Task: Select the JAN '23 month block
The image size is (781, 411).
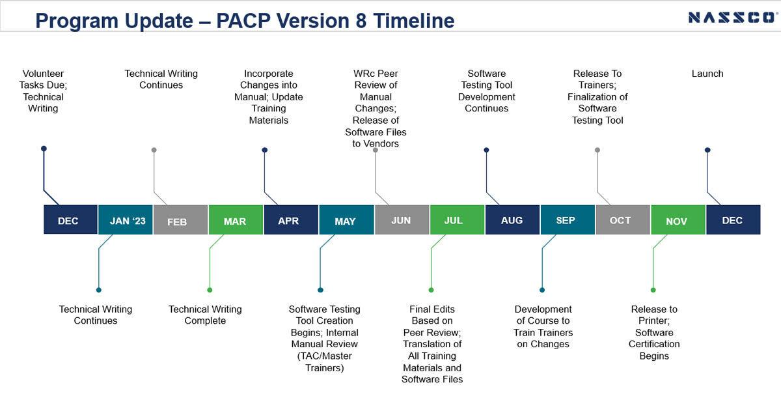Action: [x=126, y=220]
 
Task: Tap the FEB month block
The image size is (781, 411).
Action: [x=181, y=220]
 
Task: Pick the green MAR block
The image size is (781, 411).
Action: [x=236, y=220]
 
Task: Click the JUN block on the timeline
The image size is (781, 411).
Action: [x=402, y=220]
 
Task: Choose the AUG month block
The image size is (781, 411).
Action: [x=513, y=220]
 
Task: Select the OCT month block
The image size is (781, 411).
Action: [x=623, y=220]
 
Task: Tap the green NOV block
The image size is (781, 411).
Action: [x=678, y=220]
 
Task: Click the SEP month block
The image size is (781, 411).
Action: [x=568, y=220]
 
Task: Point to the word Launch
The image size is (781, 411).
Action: [x=707, y=74]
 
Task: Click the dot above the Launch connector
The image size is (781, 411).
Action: [x=707, y=150]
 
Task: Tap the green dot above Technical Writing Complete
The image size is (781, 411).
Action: [x=210, y=290]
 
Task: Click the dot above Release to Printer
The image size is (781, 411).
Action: [x=653, y=290]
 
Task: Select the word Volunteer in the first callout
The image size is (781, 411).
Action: [x=43, y=74]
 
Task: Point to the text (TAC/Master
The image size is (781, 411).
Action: [x=325, y=356]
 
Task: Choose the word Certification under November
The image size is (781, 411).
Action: [x=654, y=344]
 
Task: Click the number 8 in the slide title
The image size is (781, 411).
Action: [x=361, y=21]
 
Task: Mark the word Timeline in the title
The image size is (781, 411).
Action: [x=414, y=21]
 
